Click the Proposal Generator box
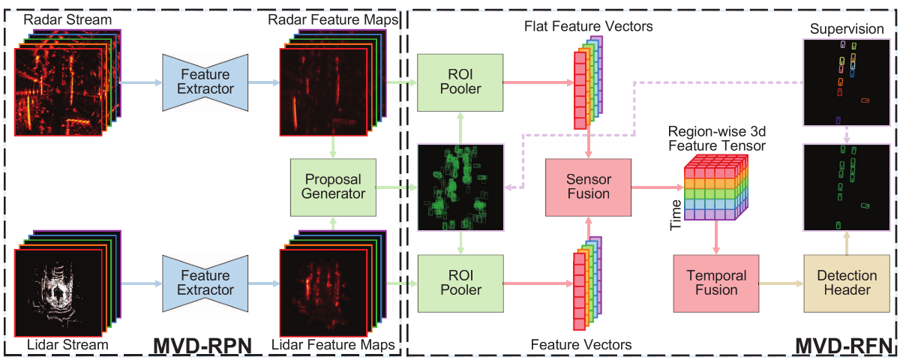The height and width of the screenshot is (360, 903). (x=332, y=187)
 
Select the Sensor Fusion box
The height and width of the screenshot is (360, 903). (x=588, y=187)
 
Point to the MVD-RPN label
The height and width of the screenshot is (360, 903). (x=203, y=346)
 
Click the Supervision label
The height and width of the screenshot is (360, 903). (x=846, y=28)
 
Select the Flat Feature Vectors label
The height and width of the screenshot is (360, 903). (x=587, y=26)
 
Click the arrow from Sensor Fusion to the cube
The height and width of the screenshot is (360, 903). (x=656, y=187)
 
